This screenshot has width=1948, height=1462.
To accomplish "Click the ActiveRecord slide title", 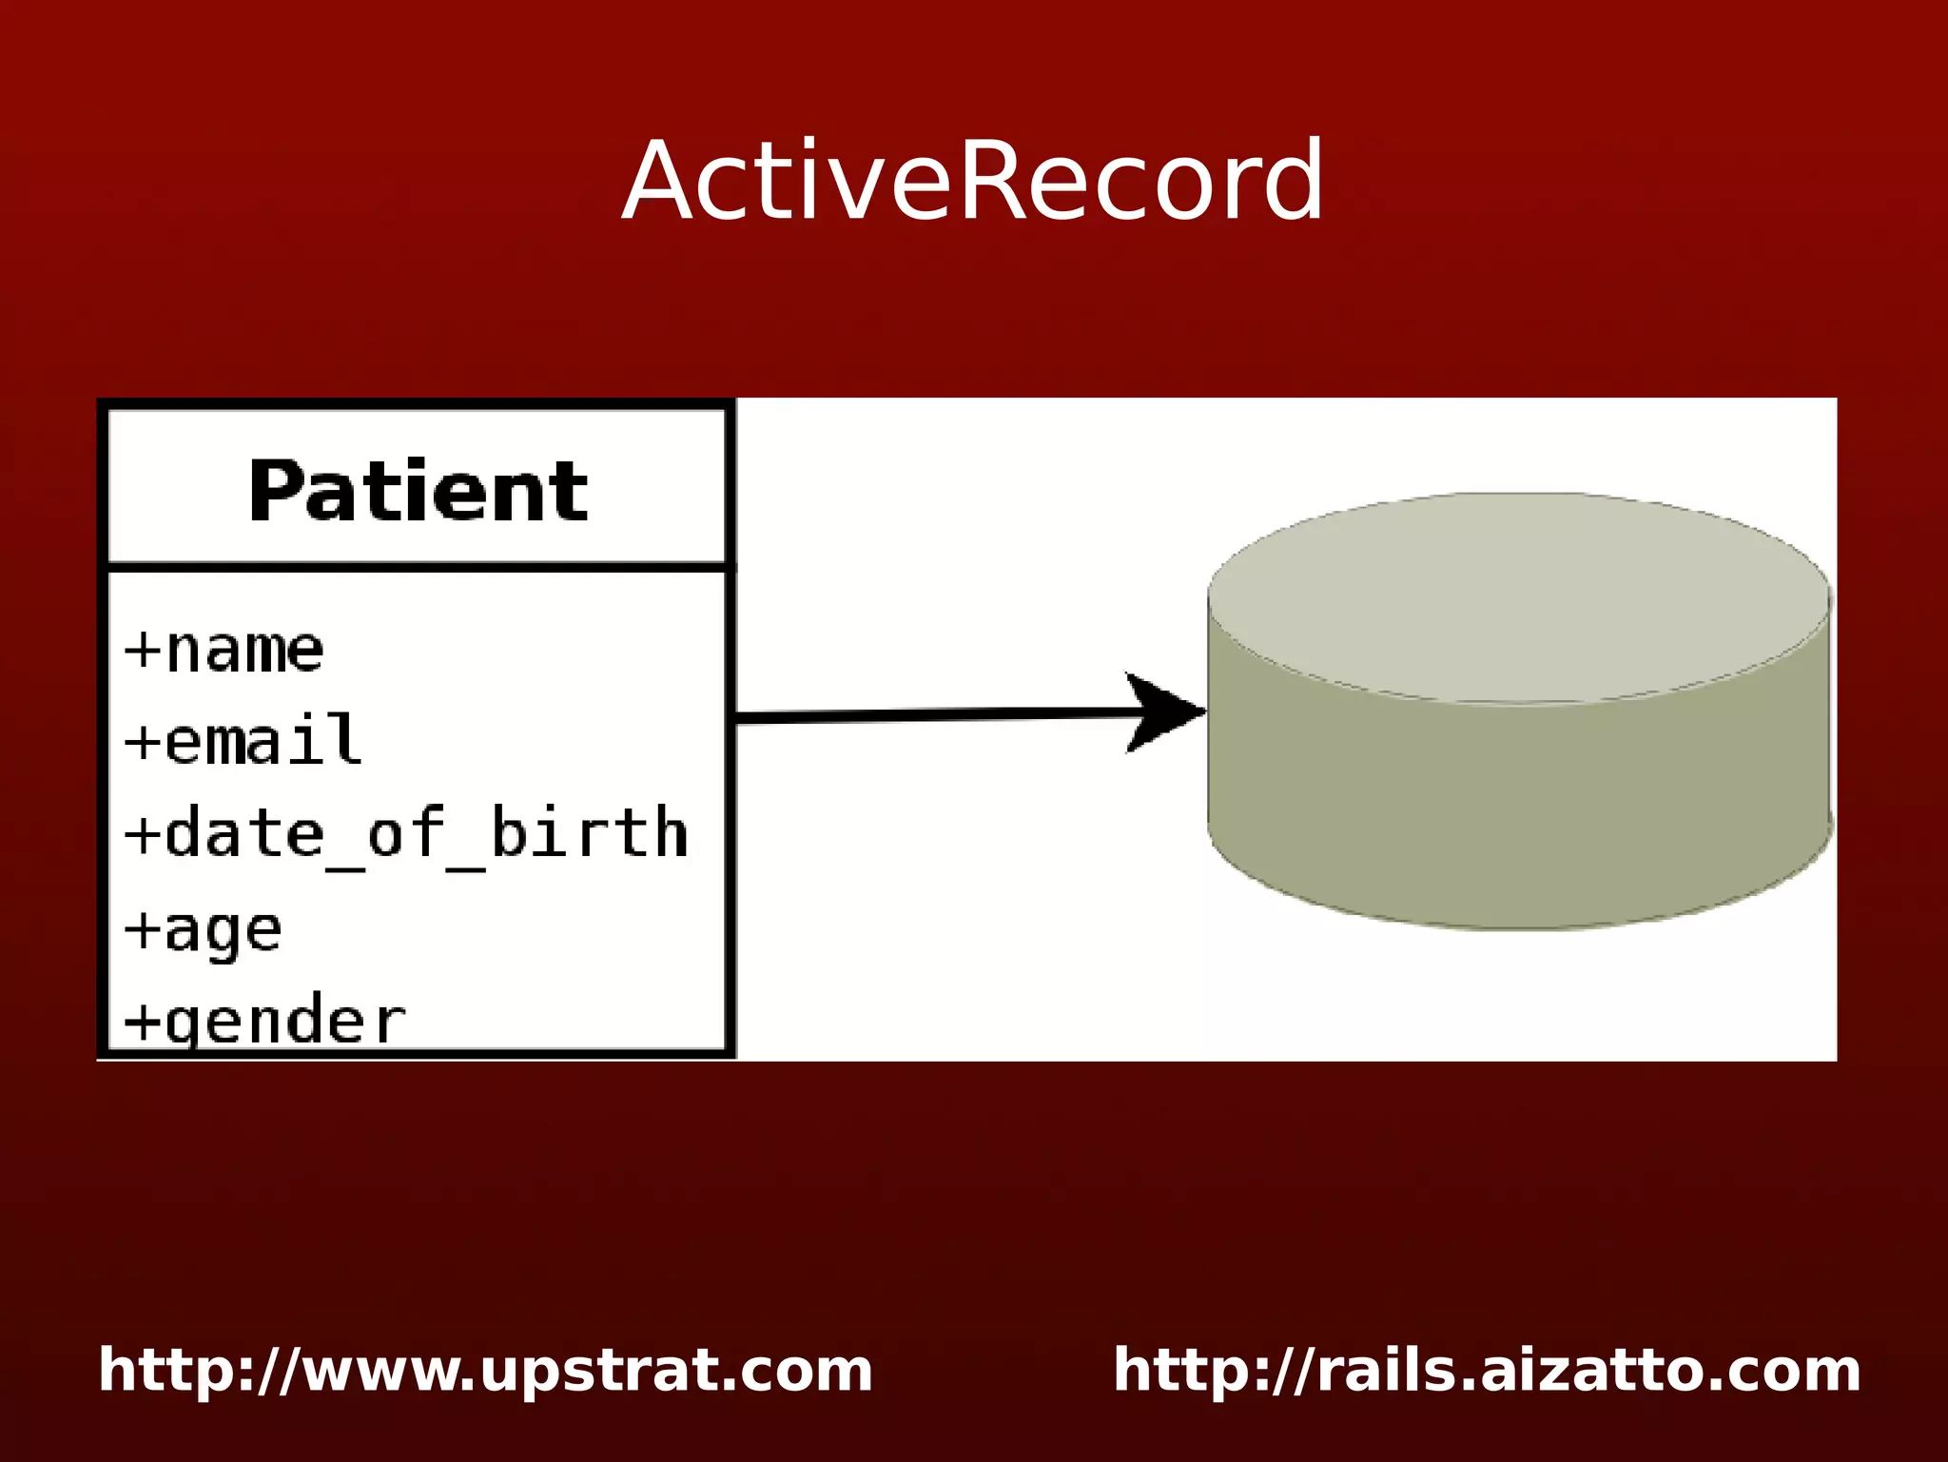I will (972, 181).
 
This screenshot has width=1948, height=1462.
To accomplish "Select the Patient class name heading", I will (418, 491).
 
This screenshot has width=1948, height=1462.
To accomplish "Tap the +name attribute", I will (224, 651).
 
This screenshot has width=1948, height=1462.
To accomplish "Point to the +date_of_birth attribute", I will (406, 833).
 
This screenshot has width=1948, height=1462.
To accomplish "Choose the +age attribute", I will (204, 930).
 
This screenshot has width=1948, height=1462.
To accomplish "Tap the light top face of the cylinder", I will (1519, 597).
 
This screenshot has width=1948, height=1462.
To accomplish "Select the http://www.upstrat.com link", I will (485, 1371).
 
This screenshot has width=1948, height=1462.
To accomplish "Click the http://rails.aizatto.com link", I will (1487, 1371).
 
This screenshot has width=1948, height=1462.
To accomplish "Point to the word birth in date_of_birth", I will (589, 831).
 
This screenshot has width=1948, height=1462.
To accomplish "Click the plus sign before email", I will (143, 742).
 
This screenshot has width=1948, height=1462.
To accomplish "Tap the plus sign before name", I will (143, 651).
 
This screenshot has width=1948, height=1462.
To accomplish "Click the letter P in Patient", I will (276, 491).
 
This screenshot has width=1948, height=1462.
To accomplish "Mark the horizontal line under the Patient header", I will (418, 567).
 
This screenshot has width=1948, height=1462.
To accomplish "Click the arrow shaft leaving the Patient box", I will (923, 714).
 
